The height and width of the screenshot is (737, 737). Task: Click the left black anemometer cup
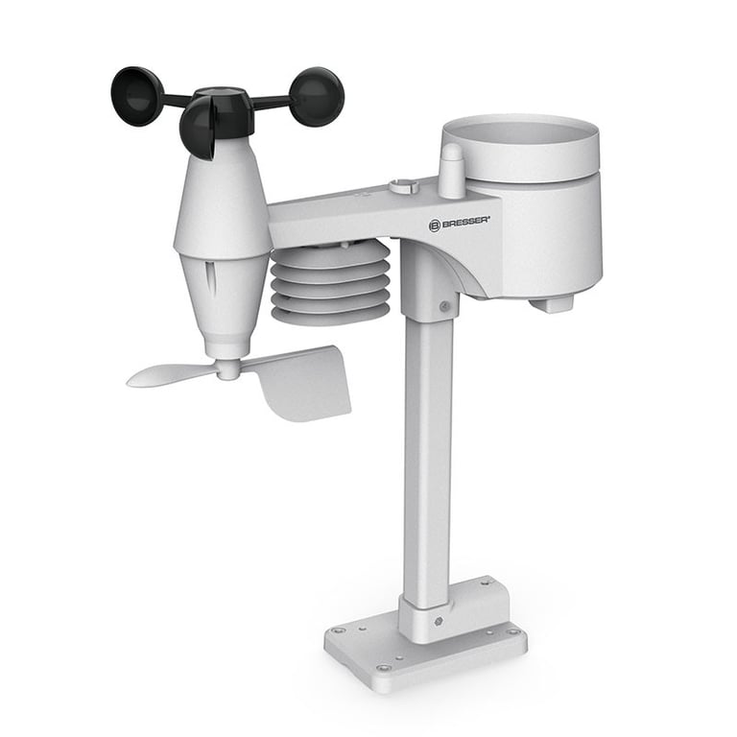pyautogui.click(x=136, y=96)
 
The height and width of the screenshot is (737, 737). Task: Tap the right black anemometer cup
pyautogui.click(x=318, y=96)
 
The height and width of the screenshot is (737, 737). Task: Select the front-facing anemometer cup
pyautogui.click(x=198, y=129)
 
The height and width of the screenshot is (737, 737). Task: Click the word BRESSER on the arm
pyautogui.click(x=465, y=222)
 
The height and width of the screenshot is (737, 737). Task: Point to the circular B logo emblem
pyautogui.click(x=435, y=226)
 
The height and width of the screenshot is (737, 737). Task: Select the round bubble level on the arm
pyautogui.click(x=404, y=185)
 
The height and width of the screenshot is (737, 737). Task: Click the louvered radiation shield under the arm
pyautogui.click(x=330, y=283)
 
